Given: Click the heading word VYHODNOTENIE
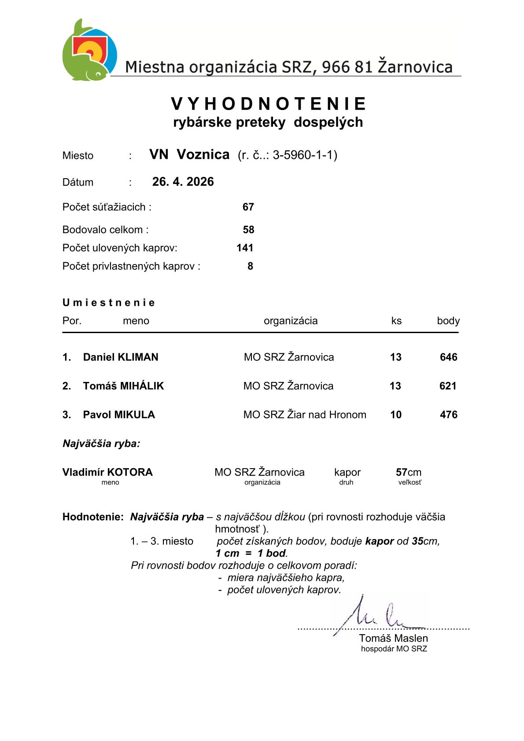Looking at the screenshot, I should click(268, 104).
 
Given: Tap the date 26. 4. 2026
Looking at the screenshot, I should click(183, 182).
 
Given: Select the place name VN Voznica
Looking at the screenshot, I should click(189, 154).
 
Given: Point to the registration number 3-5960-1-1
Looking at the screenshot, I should click(304, 155).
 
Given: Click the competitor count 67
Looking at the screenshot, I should click(248, 207).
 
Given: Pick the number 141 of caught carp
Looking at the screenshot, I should click(245, 248).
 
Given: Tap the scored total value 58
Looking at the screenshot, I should click(248, 230).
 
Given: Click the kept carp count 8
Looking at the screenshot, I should click(250, 266).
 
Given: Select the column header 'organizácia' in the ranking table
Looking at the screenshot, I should click(291, 321).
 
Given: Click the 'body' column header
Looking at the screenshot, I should click(448, 321).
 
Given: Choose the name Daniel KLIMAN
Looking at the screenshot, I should click(121, 357).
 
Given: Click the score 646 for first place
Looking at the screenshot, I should click(448, 357).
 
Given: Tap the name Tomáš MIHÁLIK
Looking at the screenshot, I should click(123, 386).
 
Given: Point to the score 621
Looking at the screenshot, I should click(448, 386).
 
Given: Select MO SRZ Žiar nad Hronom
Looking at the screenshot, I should click(305, 415).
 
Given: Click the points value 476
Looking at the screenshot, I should click(448, 415).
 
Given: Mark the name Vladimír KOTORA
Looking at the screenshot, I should click(107, 472).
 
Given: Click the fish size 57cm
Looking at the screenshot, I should click(408, 472).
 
